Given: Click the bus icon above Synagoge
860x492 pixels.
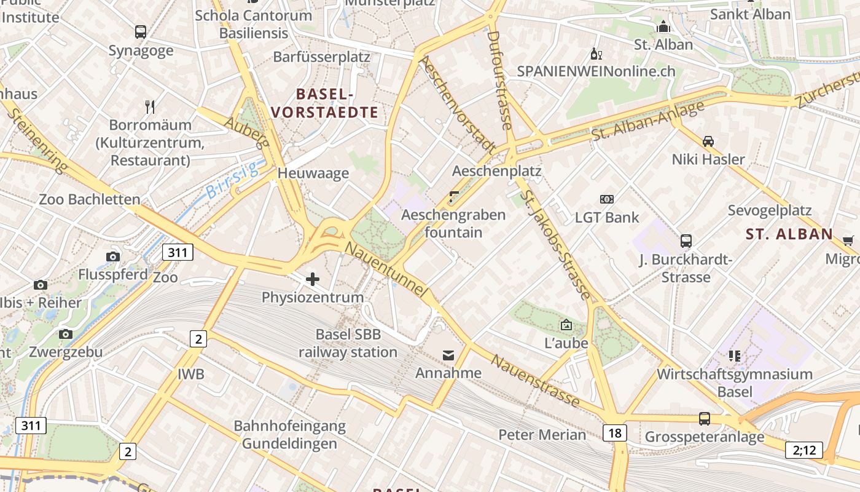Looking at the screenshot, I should (x=141, y=32).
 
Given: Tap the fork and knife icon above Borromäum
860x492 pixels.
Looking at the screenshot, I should (x=150, y=107).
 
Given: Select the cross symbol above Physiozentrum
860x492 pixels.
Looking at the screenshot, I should (x=313, y=279).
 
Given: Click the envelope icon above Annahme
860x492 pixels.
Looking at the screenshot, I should (x=448, y=355).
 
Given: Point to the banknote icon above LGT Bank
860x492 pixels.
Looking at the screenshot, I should (x=607, y=199).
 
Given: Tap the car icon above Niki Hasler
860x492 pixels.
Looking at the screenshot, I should (x=708, y=141).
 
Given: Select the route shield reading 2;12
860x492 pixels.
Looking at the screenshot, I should (x=804, y=450).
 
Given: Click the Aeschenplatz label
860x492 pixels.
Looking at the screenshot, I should (x=496, y=170).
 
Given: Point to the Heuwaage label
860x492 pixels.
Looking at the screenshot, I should (x=313, y=173).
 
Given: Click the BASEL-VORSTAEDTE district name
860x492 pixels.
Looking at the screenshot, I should (x=324, y=103).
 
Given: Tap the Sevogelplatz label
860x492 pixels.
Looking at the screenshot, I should (x=770, y=210).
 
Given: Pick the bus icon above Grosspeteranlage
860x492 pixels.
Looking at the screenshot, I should (x=705, y=419).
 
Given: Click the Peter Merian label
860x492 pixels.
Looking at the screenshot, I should (x=542, y=434).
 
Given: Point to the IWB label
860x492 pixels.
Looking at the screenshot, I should (x=191, y=374).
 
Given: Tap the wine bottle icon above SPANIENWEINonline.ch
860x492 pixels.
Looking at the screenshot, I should (x=594, y=54).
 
